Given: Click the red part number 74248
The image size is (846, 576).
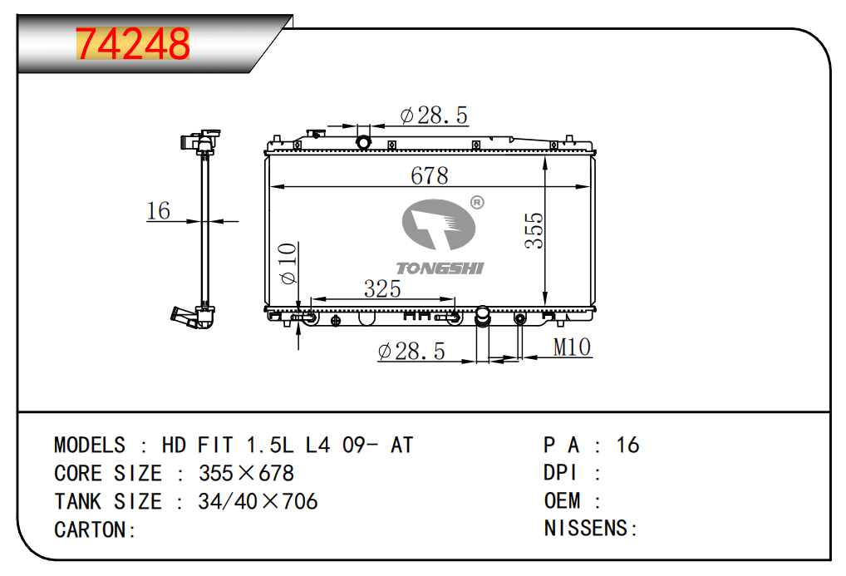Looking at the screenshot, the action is (x=133, y=43).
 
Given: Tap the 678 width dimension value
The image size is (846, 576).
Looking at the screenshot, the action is (x=430, y=175).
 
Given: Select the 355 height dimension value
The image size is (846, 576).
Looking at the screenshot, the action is (x=534, y=230).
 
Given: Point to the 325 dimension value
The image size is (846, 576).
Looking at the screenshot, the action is (x=382, y=288).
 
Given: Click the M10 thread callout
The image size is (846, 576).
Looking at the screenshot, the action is (x=572, y=347).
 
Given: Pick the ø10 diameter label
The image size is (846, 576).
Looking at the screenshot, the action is (x=288, y=263).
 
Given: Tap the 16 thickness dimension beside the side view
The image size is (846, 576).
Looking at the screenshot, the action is (x=159, y=210).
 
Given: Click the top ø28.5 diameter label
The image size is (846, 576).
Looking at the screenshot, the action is (x=435, y=115).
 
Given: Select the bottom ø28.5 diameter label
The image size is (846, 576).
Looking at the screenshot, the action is (x=411, y=352).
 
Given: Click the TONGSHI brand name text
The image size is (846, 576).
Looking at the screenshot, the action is (x=440, y=268).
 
